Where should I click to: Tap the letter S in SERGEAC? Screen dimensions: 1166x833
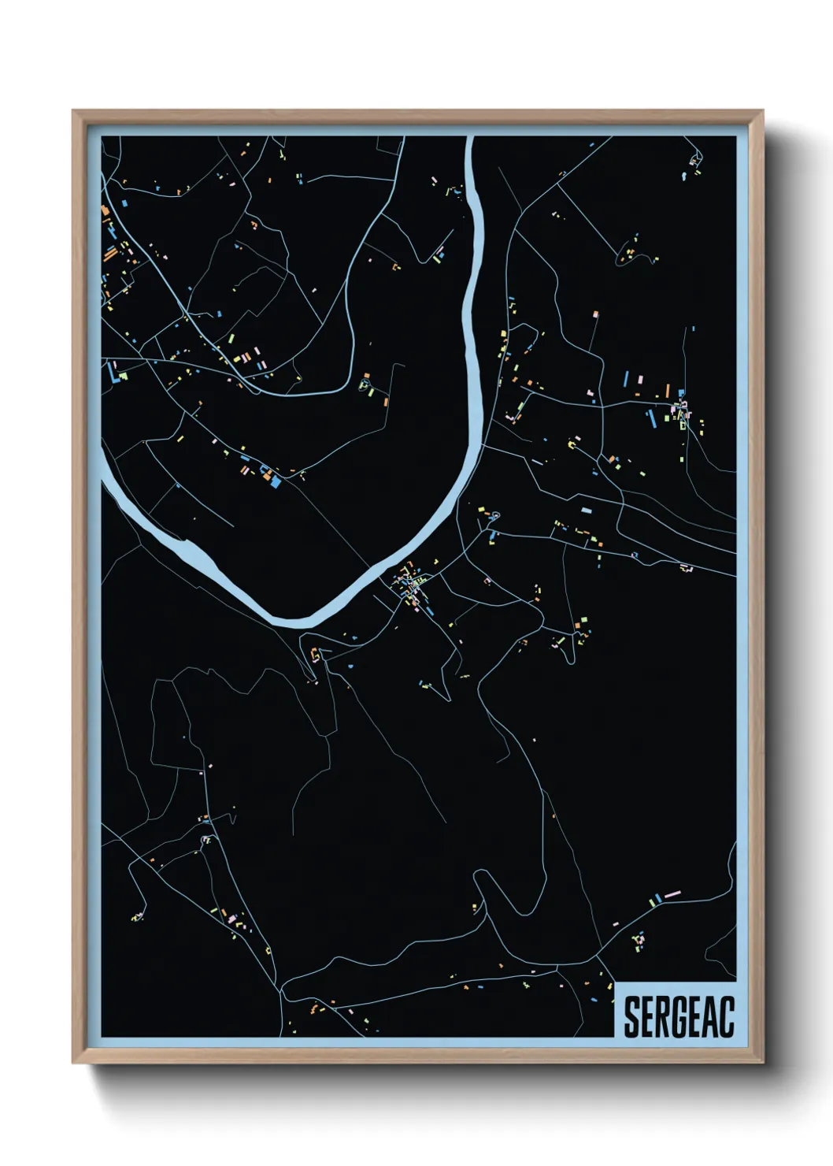coord(631,1017)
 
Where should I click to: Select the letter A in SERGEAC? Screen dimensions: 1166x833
coord(710,1017)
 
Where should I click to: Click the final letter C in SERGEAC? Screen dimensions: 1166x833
coord(727,1017)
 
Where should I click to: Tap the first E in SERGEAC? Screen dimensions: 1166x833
coord(647,1017)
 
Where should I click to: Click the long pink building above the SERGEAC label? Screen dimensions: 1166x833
coord(672,894)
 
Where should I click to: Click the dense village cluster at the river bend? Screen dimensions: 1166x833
coord(411,585)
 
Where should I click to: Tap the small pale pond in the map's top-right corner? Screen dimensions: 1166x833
coord(693,160)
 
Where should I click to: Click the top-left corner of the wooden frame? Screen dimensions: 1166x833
coord(73,111)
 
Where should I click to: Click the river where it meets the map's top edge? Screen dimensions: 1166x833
coord(470,138)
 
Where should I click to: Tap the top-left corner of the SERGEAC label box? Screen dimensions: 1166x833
coord(614,982)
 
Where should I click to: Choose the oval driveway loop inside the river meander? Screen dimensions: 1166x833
coord(365,386)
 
